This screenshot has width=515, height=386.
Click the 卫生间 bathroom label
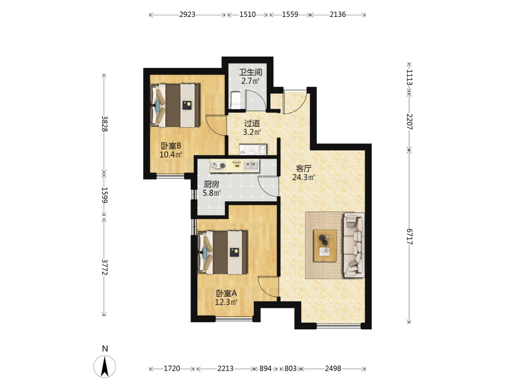pos(250,72)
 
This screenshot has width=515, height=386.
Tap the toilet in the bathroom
pos(236,100)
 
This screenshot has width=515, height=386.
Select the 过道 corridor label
pos(252,123)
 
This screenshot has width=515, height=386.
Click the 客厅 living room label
pos(303,168)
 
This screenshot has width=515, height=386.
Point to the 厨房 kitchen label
pos(211,184)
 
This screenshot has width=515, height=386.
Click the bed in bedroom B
pos(175,105)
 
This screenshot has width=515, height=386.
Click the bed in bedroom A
pos(222,252)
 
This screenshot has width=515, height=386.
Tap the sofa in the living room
pos(354,245)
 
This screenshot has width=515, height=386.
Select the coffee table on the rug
pos(325,245)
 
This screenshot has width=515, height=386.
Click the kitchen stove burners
pos(218,166)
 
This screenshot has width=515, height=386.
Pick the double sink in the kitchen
pos(252,165)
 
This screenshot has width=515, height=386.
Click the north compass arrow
pos(105,366)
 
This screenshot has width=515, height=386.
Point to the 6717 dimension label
pos(409,236)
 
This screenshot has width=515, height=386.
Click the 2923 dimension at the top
pos(187,14)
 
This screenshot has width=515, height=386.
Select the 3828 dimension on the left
pos(104,124)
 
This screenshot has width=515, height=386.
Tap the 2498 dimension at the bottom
pos(333,369)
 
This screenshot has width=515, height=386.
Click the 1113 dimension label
pos(409,77)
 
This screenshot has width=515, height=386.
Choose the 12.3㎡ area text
pos(226,302)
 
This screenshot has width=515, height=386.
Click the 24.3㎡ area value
pos(304,177)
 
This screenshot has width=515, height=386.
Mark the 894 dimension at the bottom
pos(265,369)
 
